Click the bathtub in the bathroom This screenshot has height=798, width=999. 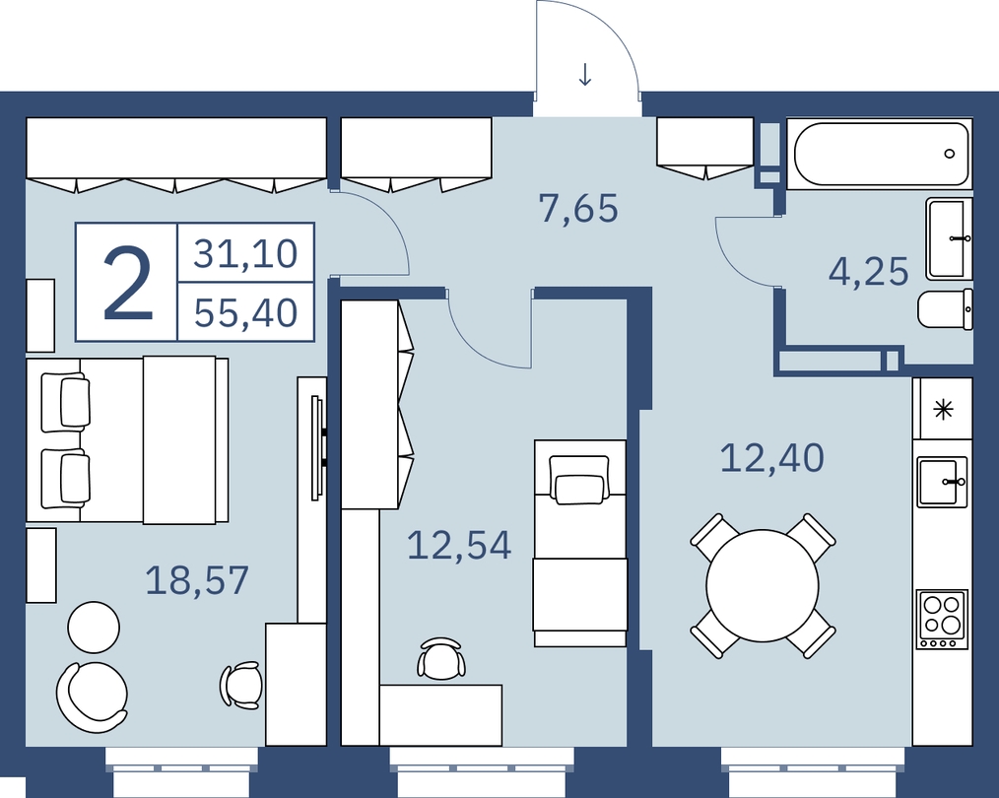coord(880,154)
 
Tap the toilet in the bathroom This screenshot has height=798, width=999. coord(946,309)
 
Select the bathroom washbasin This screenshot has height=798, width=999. coord(950,238)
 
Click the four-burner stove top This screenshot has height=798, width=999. coord(942,619)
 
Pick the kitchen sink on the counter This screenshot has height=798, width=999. coord(942,481)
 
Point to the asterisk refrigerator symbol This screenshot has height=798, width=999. coord(943,409)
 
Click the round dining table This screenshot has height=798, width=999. coord(762,585)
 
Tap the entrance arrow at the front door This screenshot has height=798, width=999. coord(585,74)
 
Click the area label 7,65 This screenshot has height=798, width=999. coord(578,208)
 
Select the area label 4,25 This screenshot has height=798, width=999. coord(868,272)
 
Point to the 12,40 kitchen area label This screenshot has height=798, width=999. coord(772,458)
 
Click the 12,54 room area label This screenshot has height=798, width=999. coord(459,545)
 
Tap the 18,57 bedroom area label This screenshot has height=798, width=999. coord(197,580)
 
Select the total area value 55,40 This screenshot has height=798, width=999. coord(246,312)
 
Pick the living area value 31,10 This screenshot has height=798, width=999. coord(246,253)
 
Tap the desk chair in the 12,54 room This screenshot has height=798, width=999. coord(440,658)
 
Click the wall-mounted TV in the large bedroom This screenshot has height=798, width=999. coord(316,447)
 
